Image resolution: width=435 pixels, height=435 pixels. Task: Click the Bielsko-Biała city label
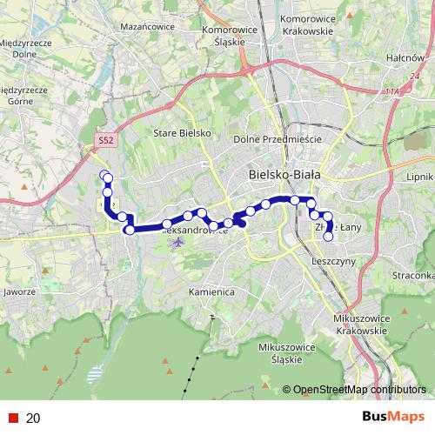(284, 174)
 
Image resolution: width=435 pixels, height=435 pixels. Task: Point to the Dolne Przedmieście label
(278, 139)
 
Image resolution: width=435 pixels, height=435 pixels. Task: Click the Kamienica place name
(211, 292)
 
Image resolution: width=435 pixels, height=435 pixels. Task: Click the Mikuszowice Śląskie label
(281, 352)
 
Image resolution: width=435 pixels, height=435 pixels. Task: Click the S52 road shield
(104, 139)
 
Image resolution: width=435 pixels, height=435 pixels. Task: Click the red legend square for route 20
(11, 418)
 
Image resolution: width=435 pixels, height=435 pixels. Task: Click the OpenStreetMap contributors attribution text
(358, 390)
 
